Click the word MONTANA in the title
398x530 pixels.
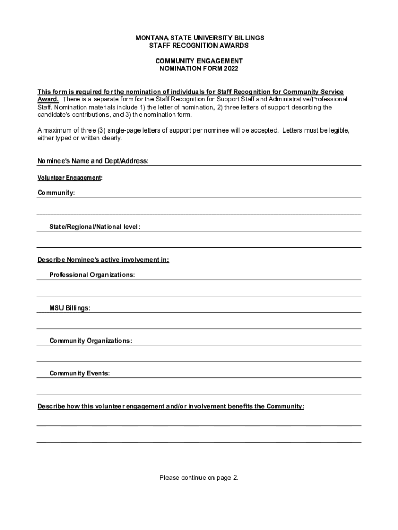click(x=150, y=38)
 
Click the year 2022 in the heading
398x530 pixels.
click(x=231, y=68)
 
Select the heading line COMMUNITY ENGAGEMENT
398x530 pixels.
click(x=199, y=61)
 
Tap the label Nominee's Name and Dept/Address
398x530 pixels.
click(x=93, y=161)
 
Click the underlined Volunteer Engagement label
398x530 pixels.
click(x=69, y=178)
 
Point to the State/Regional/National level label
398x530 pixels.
click(x=95, y=227)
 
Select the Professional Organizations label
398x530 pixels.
click(x=92, y=275)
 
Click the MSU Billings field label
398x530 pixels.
click(x=70, y=308)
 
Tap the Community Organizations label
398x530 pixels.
click(x=90, y=341)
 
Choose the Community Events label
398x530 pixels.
click(x=79, y=373)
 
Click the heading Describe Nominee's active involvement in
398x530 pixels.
click(x=103, y=260)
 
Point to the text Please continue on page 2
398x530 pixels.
click(x=199, y=478)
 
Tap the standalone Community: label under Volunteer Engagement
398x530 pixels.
click(x=56, y=193)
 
